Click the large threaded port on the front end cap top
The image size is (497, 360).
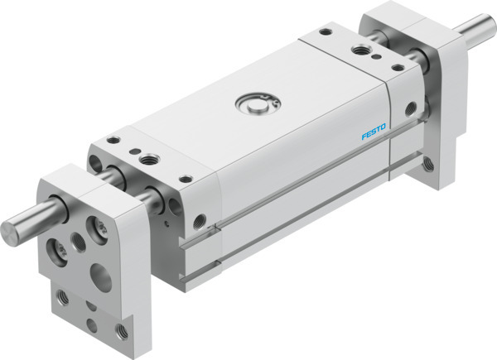click(151, 157)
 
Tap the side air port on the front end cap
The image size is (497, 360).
click(199, 221)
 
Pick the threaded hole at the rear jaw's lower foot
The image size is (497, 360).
click(427, 168)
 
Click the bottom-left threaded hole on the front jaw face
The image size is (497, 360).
click(63, 295)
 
